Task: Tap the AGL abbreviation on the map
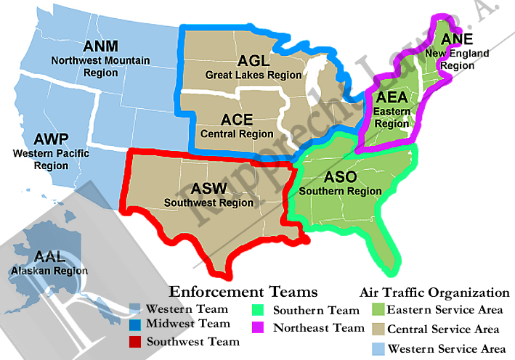[253, 61]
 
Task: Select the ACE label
[237, 120]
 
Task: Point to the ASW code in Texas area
[209, 189]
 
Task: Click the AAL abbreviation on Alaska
[49, 257]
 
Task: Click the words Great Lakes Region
[253, 75]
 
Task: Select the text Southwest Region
[209, 202]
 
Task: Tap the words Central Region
[238, 134]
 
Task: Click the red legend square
[135, 340]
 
